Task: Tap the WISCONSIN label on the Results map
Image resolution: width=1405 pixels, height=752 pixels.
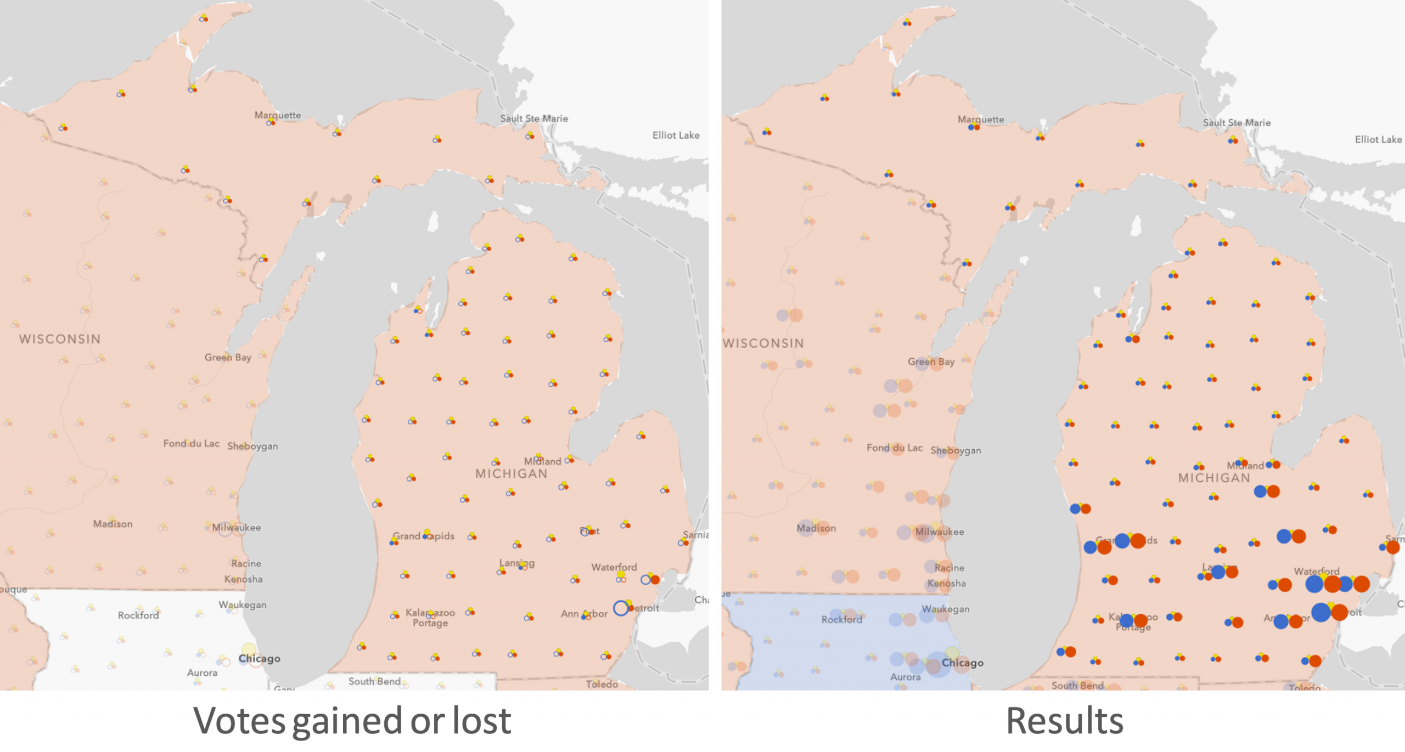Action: point(763,343)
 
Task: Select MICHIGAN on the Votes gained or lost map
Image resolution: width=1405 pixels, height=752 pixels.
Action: point(511,474)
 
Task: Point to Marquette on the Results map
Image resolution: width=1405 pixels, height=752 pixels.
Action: point(980,119)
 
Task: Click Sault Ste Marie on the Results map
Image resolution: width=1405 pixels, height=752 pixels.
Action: point(1237,122)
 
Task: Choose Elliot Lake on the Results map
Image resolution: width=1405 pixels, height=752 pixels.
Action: point(1378,139)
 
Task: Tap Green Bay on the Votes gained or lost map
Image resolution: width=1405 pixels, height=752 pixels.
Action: point(228,357)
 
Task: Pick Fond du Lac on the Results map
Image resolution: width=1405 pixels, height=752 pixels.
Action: point(894,448)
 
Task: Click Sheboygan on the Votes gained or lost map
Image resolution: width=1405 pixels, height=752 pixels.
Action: point(252,446)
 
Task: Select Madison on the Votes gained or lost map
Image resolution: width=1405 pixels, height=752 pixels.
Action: point(113,524)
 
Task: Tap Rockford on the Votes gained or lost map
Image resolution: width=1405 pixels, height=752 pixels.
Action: point(138,615)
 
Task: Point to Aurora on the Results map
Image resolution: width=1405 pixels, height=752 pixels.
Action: point(906,677)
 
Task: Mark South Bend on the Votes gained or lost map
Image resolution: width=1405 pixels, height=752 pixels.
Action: point(374,681)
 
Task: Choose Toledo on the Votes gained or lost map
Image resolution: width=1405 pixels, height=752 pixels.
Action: point(602,684)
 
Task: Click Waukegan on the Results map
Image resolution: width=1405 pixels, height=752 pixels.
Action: point(946,609)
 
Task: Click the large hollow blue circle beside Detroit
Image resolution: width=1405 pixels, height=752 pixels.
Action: point(621,608)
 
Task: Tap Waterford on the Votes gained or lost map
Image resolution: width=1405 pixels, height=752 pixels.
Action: point(614,567)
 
